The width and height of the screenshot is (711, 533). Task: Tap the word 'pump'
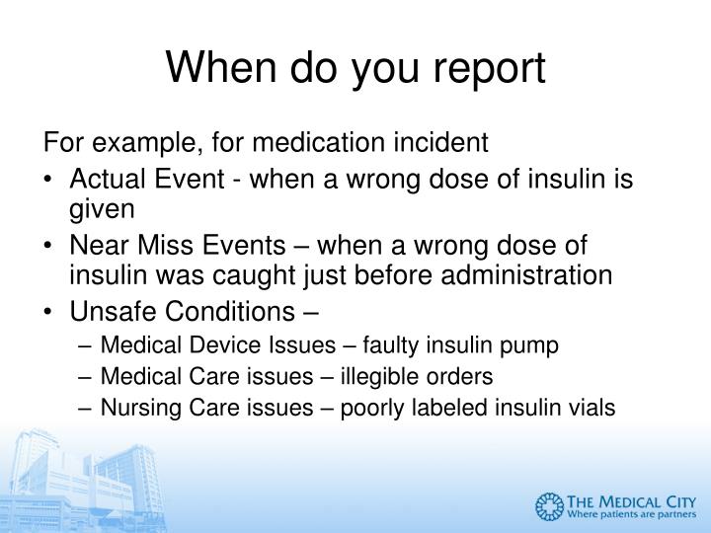click(536, 346)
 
